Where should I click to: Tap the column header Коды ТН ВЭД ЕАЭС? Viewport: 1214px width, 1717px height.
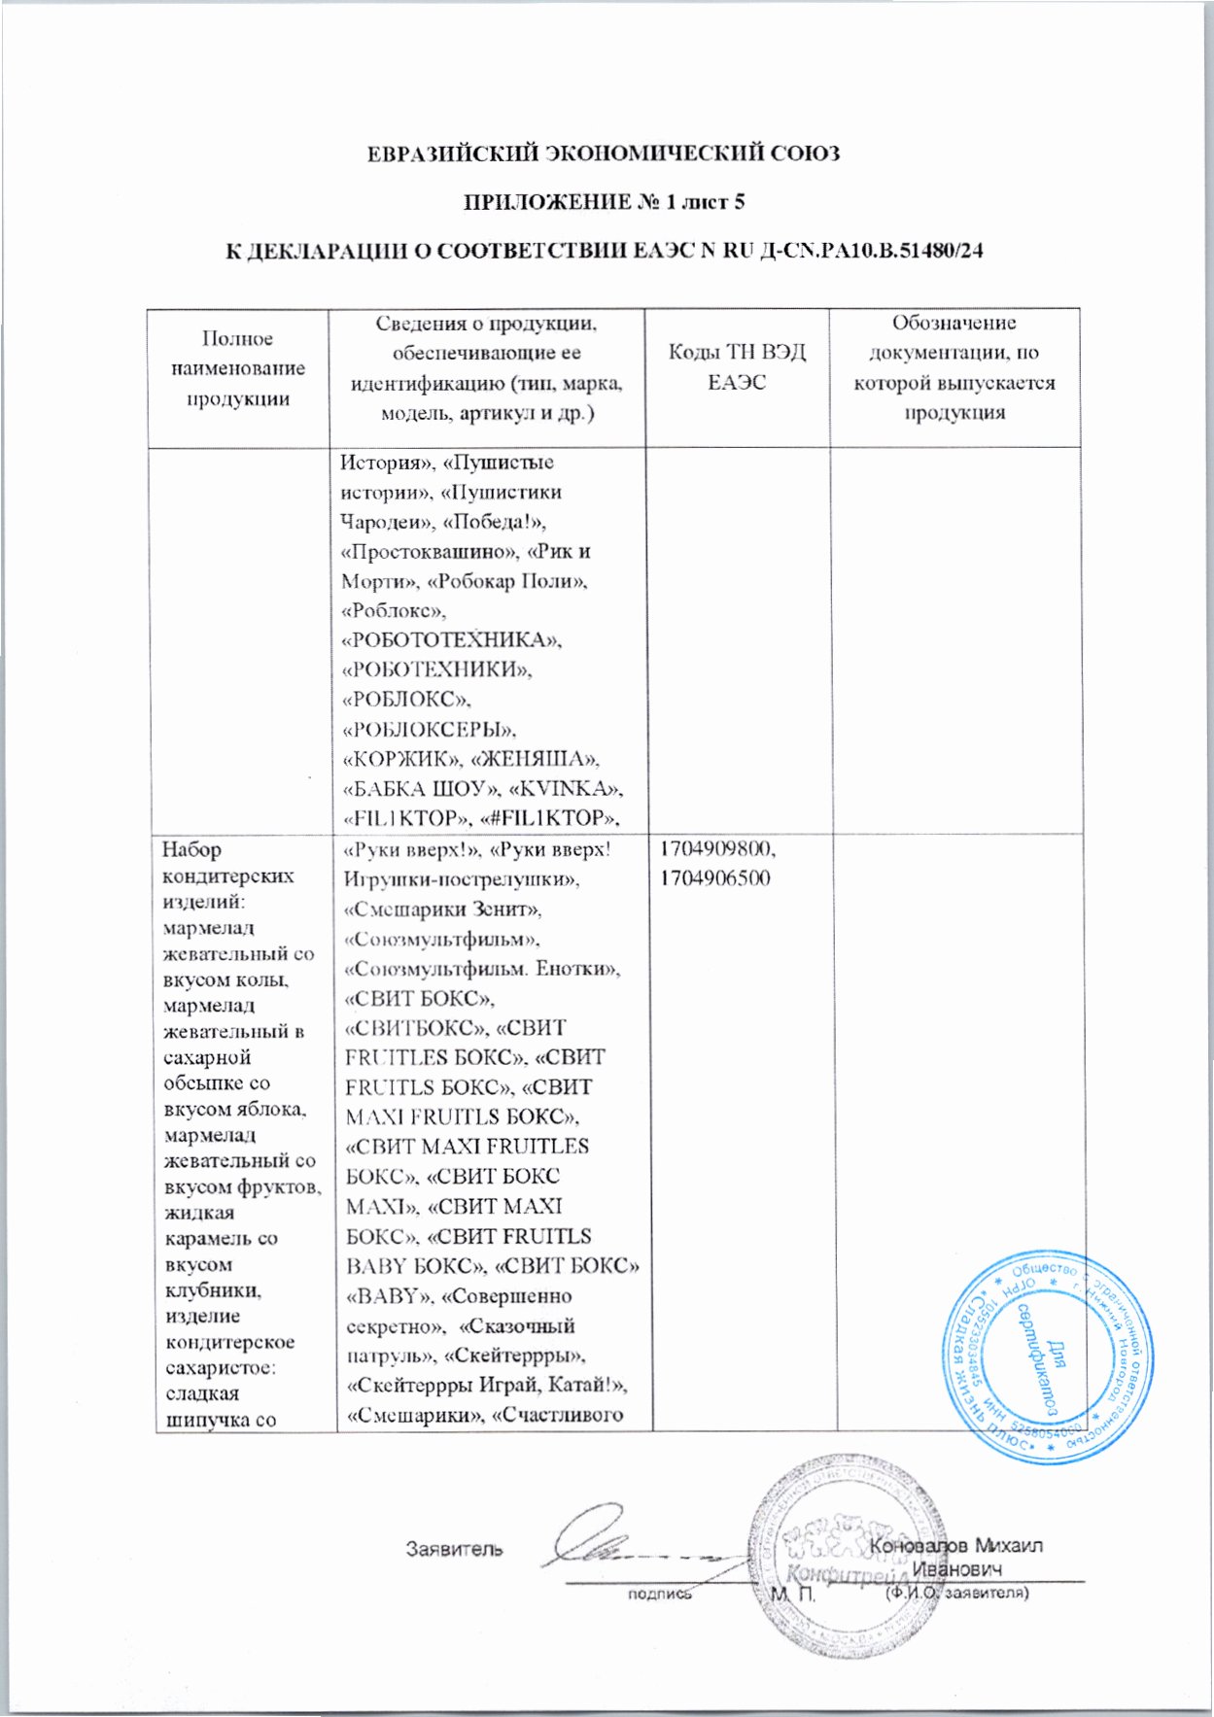click(x=737, y=367)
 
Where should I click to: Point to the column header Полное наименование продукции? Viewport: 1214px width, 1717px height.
click(x=238, y=368)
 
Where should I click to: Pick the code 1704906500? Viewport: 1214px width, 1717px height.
click(x=714, y=879)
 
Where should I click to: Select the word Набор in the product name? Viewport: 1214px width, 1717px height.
click(x=192, y=850)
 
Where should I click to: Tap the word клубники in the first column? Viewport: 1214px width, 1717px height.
click(x=200, y=1290)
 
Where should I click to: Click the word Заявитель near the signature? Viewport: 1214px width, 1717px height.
click(x=454, y=1548)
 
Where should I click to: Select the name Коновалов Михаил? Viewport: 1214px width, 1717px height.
click(x=957, y=1545)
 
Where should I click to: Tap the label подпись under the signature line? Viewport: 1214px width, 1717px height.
click(x=659, y=1594)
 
